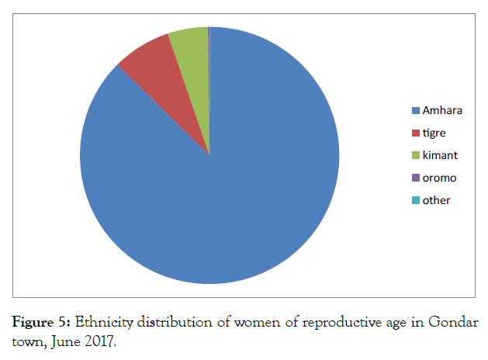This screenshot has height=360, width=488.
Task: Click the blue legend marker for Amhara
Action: (x=416, y=110)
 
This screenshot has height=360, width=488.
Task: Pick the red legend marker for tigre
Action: (x=416, y=133)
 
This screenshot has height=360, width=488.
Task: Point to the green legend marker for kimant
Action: (x=416, y=155)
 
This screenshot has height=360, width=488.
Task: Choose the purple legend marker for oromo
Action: (x=416, y=178)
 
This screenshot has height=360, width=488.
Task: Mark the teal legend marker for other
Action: (x=416, y=200)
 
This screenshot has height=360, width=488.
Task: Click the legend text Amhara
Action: (x=442, y=110)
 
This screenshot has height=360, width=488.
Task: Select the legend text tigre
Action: (x=434, y=133)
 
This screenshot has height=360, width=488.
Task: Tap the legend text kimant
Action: (x=440, y=155)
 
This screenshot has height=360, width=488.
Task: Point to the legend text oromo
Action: (x=439, y=178)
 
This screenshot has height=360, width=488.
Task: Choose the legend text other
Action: (x=436, y=200)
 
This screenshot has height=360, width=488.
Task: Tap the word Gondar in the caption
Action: (x=456, y=322)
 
